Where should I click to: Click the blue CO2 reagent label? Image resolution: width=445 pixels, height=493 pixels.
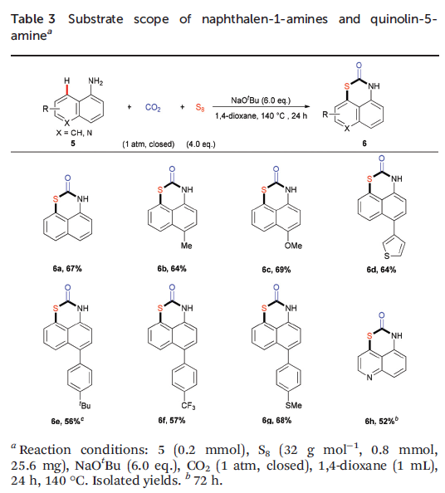coord(153,108)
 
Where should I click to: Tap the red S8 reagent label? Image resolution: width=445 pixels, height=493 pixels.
coord(200,108)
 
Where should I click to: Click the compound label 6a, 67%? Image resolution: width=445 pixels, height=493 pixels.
coord(67,269)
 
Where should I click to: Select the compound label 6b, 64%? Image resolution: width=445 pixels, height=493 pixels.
coord(172,269)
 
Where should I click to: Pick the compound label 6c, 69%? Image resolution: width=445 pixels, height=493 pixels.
coord(276,270)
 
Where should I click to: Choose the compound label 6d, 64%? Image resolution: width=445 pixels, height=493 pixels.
coord(381,270)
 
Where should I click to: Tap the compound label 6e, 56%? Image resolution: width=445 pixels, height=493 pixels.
coord(67,421)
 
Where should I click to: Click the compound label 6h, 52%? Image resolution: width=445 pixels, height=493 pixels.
coord(381,421)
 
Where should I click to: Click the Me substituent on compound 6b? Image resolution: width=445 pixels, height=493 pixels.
coord(186,246)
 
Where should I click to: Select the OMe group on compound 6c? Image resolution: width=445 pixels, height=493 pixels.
coord(293,246)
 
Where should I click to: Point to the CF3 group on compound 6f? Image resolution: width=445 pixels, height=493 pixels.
coord(188,406)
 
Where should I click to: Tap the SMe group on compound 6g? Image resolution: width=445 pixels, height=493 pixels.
coord(293,406)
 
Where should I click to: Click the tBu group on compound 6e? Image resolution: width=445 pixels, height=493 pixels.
coord(85,405)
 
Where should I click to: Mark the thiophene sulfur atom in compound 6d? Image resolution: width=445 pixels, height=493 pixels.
coord(387,256)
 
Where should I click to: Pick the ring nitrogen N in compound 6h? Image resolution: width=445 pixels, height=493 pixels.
coord(369,378)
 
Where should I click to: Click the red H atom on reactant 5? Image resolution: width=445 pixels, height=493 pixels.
coord(67,81)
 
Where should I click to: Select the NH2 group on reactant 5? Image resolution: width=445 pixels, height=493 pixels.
coord(95,81)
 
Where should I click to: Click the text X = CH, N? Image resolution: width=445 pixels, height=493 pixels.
coord(74,133)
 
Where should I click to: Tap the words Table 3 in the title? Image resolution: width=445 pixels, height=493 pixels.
coord(33,19)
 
